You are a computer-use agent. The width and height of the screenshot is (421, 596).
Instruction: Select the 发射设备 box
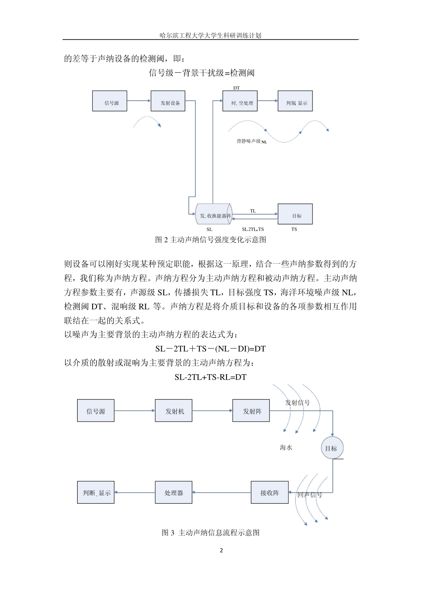click(168, 101)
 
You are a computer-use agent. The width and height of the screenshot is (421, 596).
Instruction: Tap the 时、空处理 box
click(240, 101)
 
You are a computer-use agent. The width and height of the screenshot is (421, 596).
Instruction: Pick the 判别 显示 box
click(295, 101)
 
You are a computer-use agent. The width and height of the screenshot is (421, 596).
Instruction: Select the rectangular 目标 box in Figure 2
click(295, 215)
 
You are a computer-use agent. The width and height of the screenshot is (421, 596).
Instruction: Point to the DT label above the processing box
click(237, 88)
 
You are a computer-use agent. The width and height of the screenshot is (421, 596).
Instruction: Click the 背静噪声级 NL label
click(251, 141)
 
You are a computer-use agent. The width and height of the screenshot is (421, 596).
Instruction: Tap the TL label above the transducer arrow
click(253, 211)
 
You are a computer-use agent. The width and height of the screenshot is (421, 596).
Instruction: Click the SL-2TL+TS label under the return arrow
click(253, 229)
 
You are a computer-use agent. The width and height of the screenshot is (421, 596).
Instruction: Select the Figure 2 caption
click(210, 240)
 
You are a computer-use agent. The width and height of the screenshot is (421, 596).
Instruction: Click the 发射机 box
click(174, 411)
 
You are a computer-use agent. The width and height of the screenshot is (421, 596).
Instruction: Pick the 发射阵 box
click(251, 411)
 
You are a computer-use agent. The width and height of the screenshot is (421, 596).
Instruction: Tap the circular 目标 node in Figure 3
click(331, 448)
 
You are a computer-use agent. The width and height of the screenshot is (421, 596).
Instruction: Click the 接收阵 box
click(269, 493)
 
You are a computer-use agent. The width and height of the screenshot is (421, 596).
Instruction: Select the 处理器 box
click(174, 493)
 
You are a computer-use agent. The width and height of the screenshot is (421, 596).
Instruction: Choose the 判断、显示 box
click(96, 493)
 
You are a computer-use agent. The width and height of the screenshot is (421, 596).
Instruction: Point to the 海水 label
click(286, 448)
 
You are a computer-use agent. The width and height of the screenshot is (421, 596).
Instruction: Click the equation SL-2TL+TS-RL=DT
click(210, 377)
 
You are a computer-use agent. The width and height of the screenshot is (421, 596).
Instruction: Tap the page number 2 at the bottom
click(222, 551)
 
